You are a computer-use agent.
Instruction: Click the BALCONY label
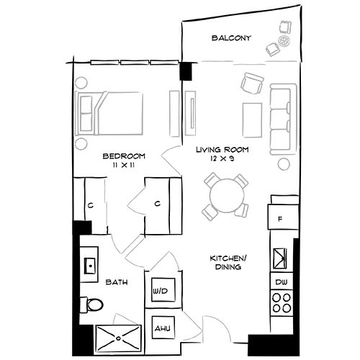231,38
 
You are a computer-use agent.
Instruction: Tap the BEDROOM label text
124,156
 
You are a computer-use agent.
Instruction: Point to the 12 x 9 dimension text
222,158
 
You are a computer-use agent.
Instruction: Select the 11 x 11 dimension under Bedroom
123,165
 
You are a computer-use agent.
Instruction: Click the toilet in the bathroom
91,305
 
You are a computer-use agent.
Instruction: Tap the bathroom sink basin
90,266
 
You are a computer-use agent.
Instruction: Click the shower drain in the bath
118,338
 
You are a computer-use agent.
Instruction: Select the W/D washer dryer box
163,289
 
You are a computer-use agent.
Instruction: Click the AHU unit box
163,328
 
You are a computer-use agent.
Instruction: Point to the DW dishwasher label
282,282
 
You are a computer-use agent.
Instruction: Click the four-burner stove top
282,302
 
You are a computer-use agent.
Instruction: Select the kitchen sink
280,258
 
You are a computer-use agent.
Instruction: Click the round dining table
227,195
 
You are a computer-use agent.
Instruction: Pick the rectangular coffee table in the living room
252,120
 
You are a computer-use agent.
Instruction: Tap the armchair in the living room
252,84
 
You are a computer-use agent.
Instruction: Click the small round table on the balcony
285,41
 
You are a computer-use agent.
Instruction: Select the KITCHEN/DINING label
228,263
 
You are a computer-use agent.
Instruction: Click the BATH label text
117,282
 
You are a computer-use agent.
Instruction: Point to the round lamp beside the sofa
284,164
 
